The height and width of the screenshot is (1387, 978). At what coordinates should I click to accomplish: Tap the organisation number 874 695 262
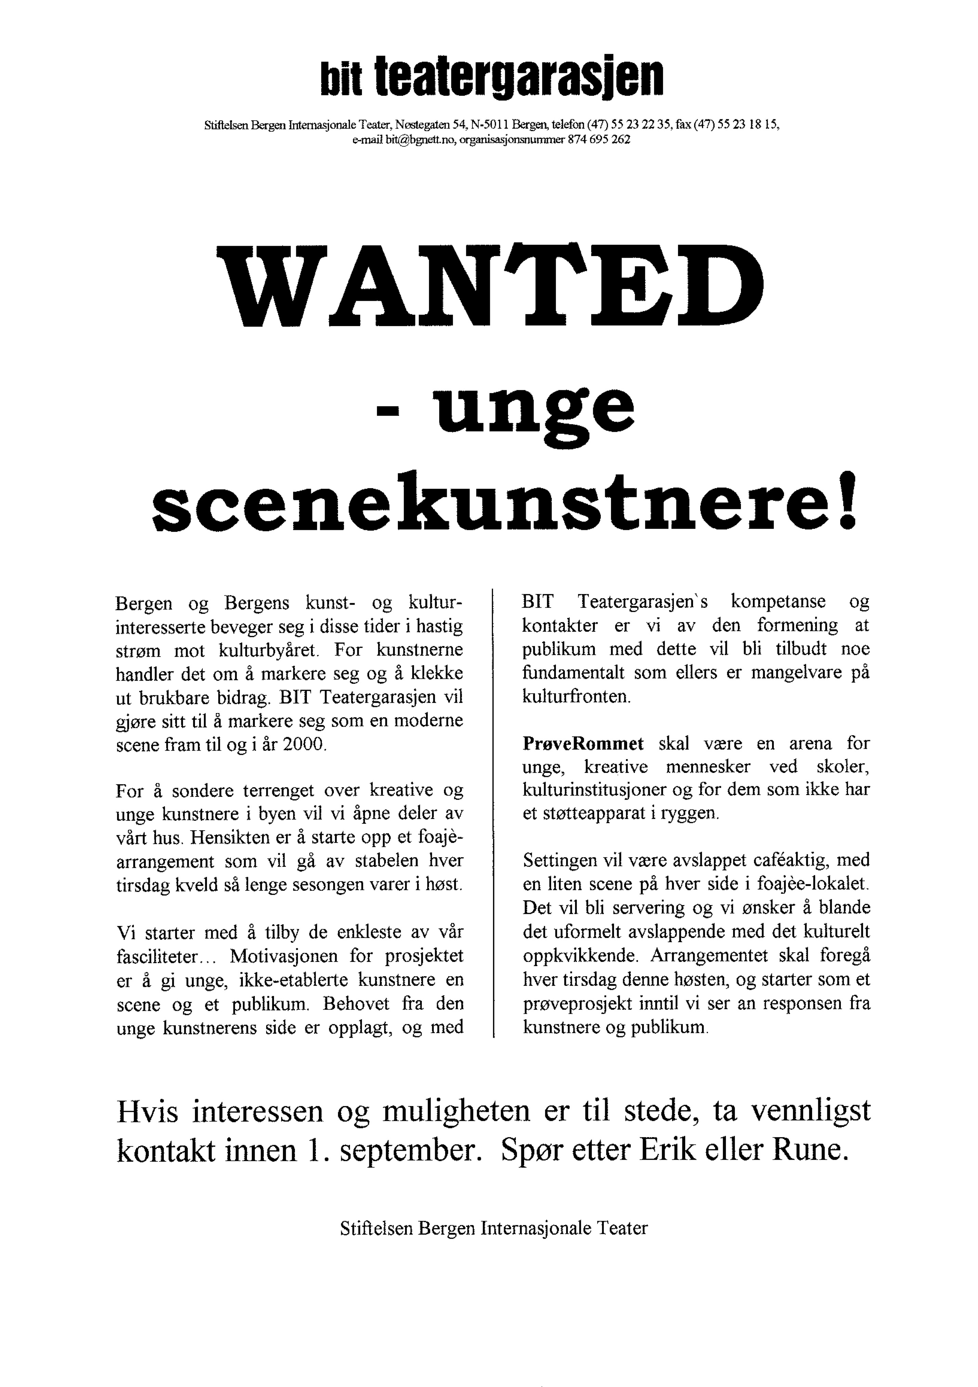point(598,139)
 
